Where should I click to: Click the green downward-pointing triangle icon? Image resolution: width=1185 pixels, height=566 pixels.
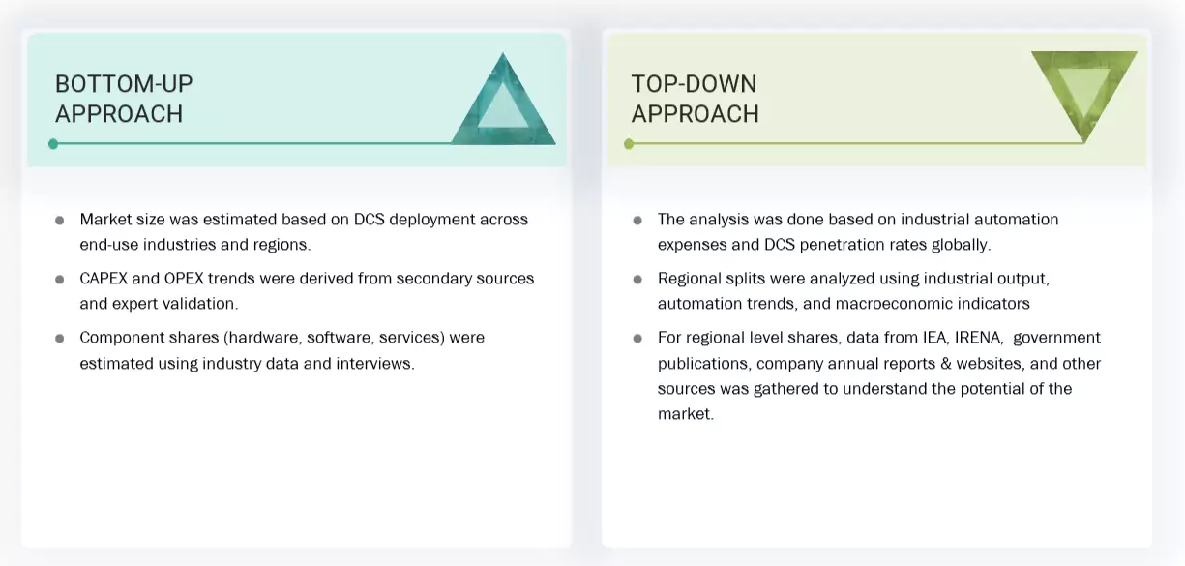1083,92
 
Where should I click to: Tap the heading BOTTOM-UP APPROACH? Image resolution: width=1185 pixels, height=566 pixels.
124,99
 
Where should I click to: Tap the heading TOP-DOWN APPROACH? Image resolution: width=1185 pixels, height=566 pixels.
695,99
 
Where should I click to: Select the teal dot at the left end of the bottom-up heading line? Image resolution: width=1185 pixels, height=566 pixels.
53,144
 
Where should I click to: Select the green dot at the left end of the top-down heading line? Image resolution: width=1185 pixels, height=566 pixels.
629,144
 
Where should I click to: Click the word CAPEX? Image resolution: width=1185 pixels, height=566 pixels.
104,279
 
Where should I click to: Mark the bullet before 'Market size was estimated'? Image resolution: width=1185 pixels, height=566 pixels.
60,220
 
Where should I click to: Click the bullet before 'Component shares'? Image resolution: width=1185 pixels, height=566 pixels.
60,338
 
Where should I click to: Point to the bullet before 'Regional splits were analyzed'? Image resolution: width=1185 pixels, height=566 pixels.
637,279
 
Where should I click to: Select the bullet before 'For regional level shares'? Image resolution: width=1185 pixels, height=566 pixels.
637,338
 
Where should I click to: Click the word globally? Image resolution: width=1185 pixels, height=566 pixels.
957,245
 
